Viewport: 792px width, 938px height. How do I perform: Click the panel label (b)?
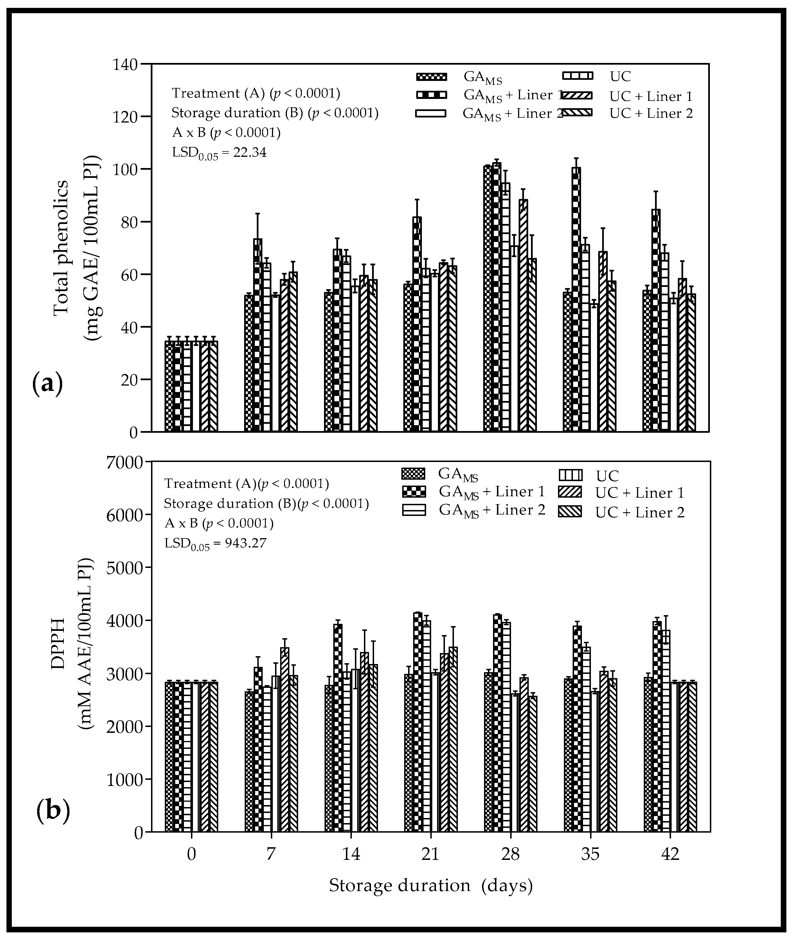pyautogui.click(x=53, y=811)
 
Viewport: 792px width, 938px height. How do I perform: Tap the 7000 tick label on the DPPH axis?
pyautogui.click(x=124, y=462)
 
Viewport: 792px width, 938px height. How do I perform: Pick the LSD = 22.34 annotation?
pyautogui.click(x=219, y=153)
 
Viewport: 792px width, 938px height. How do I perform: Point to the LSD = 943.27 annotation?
pyautogui.click(x=215, y=544)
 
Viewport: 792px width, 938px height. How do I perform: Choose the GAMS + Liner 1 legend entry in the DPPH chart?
pyautogui.click(x=492, y=492)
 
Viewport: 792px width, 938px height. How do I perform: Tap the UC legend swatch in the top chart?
pyautogui.click(x=578, y=76)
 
